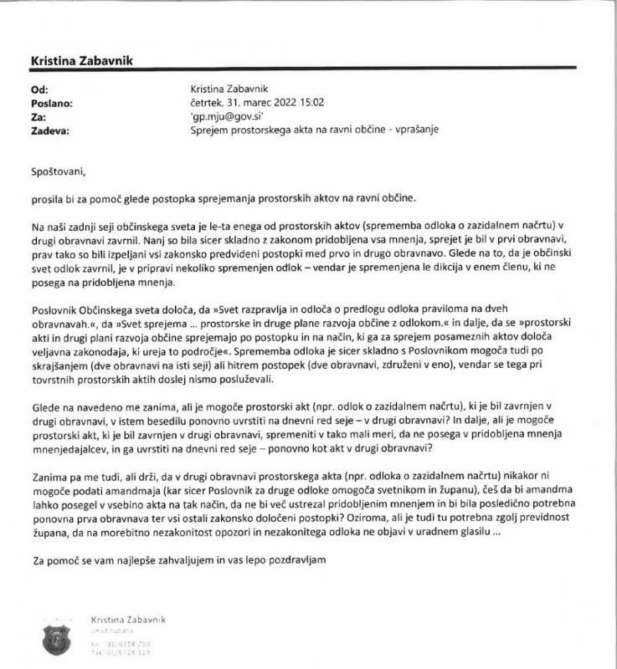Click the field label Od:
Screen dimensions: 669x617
click(39, 87)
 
